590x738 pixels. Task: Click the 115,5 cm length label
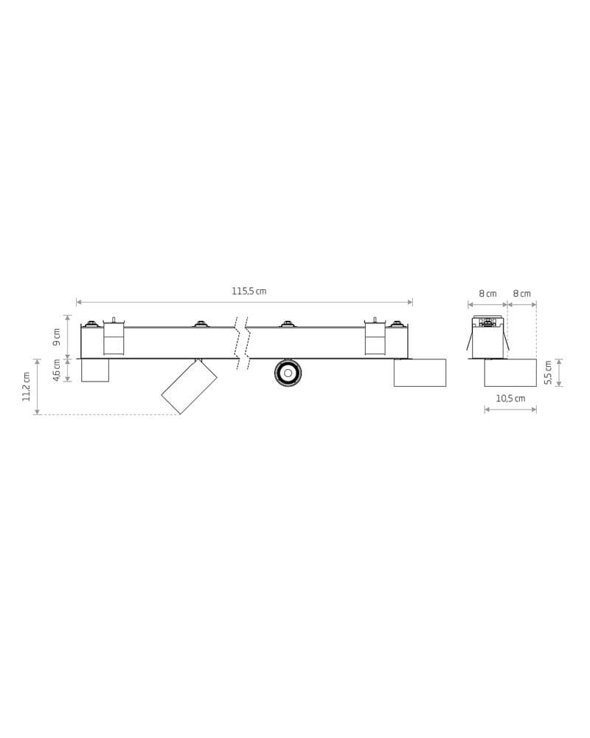(x=249, y=292)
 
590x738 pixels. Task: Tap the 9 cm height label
(x=57, y=337)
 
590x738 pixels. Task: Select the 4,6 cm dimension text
(x=57, y=370)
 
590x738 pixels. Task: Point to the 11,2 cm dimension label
(x=27, y=387)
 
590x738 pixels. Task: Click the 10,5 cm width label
(x=510, y=399)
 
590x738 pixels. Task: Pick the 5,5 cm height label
(x=548, y=372)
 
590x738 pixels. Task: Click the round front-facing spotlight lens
(x=288, y=373)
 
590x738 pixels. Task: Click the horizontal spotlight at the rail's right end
(x=420, y=372)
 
